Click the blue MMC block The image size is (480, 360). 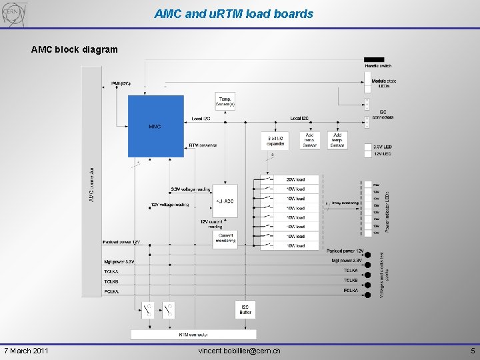[x=155, y=125]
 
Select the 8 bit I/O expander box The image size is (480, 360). [x=275, y=141]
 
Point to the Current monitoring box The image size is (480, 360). [x=225, y=240]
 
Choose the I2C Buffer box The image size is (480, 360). [x=245, y=309]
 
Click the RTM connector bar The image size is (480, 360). [x=193, y=334]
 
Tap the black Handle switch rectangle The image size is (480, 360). [x=374, y=60]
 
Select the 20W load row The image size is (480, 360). [x=295, y=179]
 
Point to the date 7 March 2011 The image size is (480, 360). [x=25, y=351]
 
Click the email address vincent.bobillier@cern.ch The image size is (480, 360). [x=239, y=351]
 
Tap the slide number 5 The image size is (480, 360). [x=472, y=351]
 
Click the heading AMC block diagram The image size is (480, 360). [x=75, y=49]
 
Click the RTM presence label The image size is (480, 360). [x=203, y=145]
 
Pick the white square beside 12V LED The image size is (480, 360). [x=369, y=154]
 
